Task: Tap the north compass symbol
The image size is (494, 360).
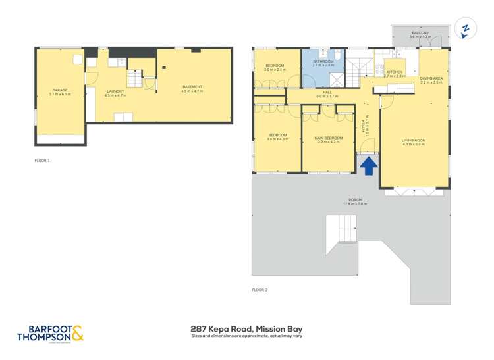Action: [x=466, y=29]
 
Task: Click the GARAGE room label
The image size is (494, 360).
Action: [x=60, y=90]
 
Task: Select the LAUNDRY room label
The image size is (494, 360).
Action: [x=115, y=91]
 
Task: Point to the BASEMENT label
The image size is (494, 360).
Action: [x=192, y=87]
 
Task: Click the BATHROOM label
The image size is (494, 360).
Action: [x=323, y=61]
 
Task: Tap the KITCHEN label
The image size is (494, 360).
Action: [x=395, y=72]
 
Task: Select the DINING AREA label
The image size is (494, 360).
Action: [x=431, y=78]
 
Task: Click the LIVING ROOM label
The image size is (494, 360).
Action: [x=414, y=140]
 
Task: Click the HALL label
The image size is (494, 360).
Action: [x=327, y=93]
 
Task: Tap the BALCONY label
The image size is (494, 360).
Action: [x=420, y=32]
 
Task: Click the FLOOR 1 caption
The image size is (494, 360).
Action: [x=42, y=160]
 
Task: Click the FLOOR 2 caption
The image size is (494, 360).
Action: [x=260, y=290]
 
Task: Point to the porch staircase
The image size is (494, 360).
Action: [x=344, y=230]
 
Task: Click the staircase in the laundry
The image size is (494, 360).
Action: [x=134, y=79]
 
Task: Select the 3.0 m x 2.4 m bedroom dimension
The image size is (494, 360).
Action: [x=275, y=70]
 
